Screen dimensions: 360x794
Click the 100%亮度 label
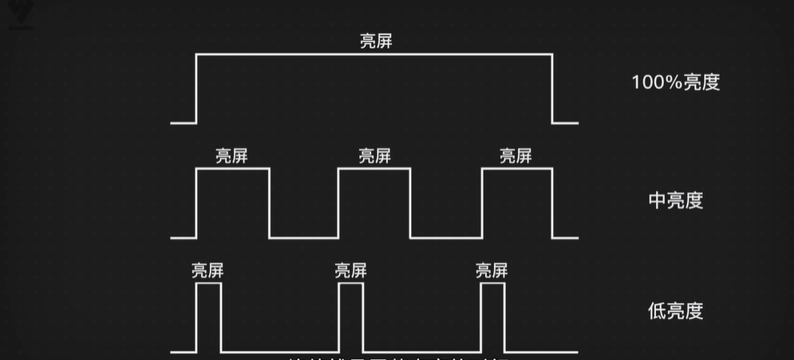pyautogui.click(x=675, y=82)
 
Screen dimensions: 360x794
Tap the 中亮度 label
pyautogui.click(x=675, y=200)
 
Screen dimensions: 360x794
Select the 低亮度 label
pyautogui.click(x=675, y=311)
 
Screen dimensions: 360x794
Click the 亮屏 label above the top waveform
pyautogui.click(x=375, y=42)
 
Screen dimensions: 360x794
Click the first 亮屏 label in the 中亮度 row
pyautogui.click(x=231, y=156)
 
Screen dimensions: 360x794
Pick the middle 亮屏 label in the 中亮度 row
pyautogui.click(x=375, y=156)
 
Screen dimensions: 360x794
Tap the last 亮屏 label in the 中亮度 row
pyautogui.click(x=516, y=156)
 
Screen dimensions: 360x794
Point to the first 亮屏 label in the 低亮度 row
pyautogui.click(x=207, y=271)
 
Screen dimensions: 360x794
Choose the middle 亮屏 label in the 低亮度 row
pyautogui.click(x=351, y=271)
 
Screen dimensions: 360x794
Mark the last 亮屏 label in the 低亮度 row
pyautogui.click(x=491, y=271)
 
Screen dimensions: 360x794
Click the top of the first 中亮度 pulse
pyautogui.click(x=232, y=169)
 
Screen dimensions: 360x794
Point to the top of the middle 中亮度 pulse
pyautogui.click(x=374, y=169)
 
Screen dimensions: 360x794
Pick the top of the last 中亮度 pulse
pyautogui.click(x=516, y=169)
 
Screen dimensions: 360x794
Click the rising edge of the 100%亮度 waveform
pyautogui.click(x=196, y=89)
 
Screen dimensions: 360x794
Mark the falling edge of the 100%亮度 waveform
pyautogui.click(x=552, y=89)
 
